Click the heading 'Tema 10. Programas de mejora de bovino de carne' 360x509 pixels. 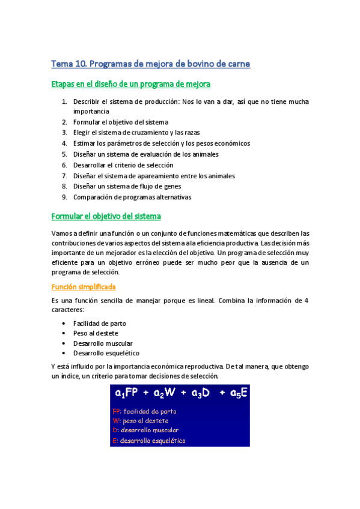tap(150, 64)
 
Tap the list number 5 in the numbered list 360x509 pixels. tap(64, 154)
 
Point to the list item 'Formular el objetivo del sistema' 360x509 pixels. tap(121, 122)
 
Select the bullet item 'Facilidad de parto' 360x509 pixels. tap(99, 324)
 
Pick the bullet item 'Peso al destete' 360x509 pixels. tap(96, 333)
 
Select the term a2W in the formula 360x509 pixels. tap(163, 394)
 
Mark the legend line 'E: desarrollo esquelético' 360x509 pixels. tap(148, 441)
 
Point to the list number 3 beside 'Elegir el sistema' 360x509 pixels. tap(64, 133)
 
